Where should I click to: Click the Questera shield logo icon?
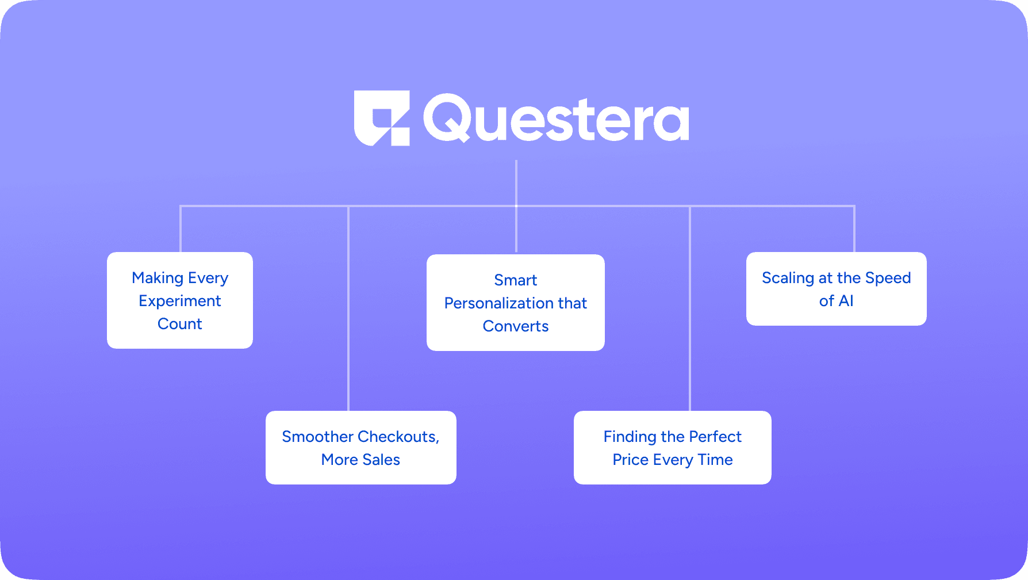pyautogui.click(x=382, y=118)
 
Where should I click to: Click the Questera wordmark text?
pyautogui.click(x=556, y=118)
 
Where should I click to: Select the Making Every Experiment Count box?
pyautogui.click(x=180, y=300)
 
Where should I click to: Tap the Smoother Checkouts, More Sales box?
pyautogui.click(x=361, y=448)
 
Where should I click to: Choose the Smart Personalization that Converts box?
pyautogui.click(x=516, y=303)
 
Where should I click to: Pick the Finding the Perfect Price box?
pyautogui.click(x=673, y=448)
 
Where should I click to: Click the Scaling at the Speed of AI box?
pyautogui.click(x=837, y=289)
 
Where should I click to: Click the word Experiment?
pyautogui.click(x=180, y=302)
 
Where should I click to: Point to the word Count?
pyautogui.click(x=180, y=324)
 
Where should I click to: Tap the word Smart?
pyautogui.click(x=516, y=280)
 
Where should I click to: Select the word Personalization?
pyautogui.click(x=491, y=303)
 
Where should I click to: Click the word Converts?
pyautogui.click(x=516, y=326)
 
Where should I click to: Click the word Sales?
pyautogui.click(x=381, y=460)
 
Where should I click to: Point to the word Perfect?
pyautogui.click(x=715, y=437)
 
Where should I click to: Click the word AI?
pyautogui.click(x=846, y=301)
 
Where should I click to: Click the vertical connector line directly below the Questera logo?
pyautogui.click(x=516, y=206)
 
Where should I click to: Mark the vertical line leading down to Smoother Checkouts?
pyautogui.click(x=348, y=308)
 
